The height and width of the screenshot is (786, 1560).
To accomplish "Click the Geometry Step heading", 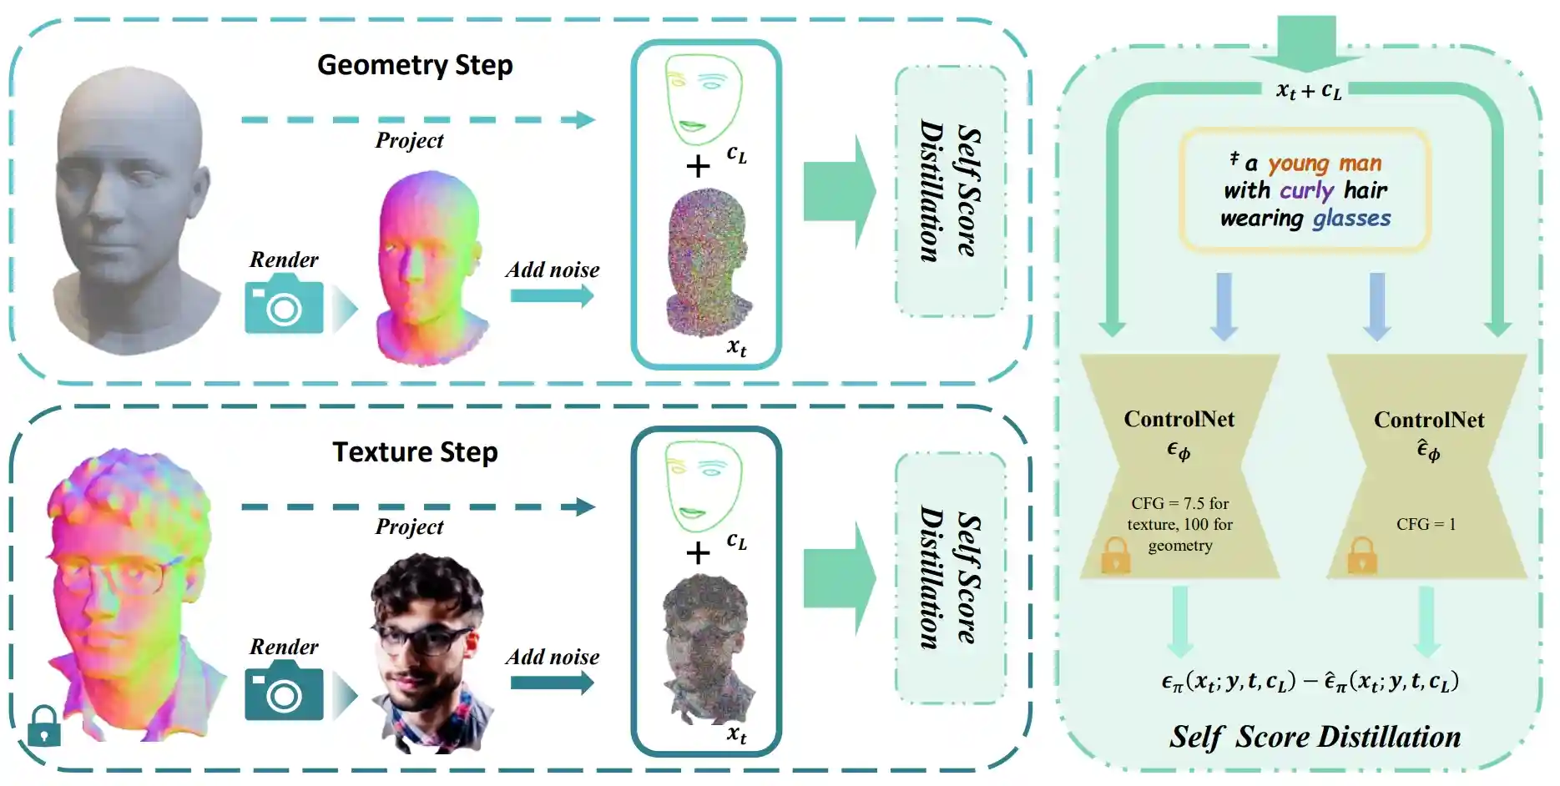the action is (415, 65).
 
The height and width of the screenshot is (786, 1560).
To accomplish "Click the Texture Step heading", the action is (415, 451).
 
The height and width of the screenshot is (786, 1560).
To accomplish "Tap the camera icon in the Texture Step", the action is (284, 691).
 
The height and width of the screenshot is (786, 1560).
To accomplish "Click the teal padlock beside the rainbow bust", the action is (43, 726).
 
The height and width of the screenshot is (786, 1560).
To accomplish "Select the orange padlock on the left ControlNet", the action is (1115, 555).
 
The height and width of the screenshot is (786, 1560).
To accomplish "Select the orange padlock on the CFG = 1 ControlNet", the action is (1361, 555).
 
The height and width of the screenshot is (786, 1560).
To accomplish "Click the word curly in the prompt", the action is (1306, 191).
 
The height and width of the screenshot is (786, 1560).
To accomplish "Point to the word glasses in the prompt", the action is (1351, 219).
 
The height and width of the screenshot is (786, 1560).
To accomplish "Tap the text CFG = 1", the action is (1426, 524).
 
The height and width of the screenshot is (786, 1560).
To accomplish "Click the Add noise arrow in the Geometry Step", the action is (552, 295).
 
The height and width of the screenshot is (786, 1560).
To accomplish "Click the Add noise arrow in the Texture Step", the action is (552, 683).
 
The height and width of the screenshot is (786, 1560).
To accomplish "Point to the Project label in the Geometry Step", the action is (409, 140).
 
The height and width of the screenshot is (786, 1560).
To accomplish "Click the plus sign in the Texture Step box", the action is (698, 553).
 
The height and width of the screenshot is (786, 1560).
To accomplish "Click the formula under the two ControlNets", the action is (1310, 682).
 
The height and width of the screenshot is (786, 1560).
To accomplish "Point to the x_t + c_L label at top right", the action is (1309, 90).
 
